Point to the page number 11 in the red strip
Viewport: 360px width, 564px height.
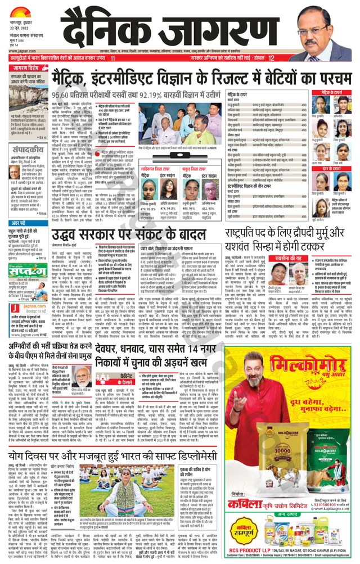point(113,58)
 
